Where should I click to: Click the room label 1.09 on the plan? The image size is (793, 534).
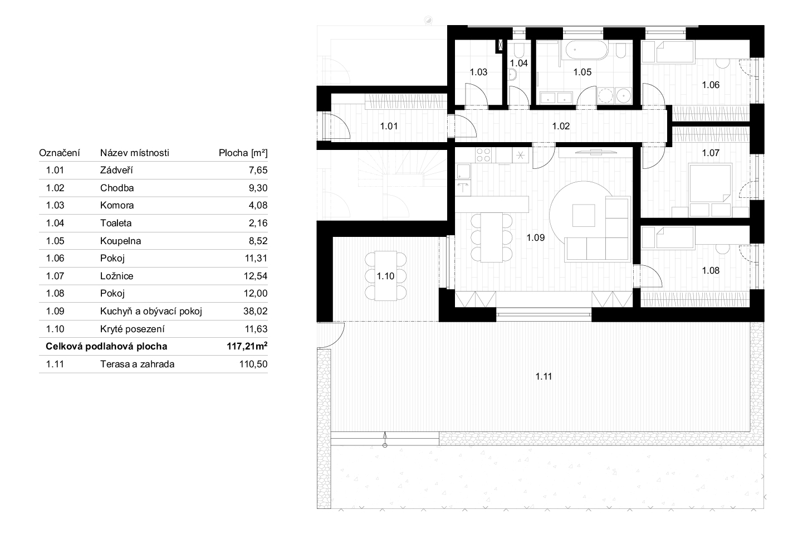(x=535, y=237)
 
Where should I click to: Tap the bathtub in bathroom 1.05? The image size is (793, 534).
(x=586, y=50)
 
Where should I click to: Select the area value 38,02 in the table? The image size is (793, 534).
(x=255, y=311)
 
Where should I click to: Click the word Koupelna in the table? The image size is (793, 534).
(x=120, y=241)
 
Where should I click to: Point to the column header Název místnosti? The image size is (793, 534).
(x=135, y=153)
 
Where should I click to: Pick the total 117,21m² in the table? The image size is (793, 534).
(x=247, y=346)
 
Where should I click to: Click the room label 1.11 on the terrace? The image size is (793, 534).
(x=544, y=376)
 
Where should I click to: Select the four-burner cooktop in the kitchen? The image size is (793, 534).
(x=483, y=155)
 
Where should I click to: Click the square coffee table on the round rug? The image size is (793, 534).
(x=584, y=216)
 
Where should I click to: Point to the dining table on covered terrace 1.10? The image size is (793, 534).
(x=385, y=276)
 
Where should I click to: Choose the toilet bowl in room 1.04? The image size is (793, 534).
(x=519, y=50)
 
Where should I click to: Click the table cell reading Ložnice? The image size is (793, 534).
(x=117, y=276)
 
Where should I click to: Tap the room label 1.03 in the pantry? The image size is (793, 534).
(x=478, y=72)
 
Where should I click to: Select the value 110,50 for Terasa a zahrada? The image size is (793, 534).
(x=253, y=364)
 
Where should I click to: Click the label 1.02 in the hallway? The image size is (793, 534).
(x=561, y=126)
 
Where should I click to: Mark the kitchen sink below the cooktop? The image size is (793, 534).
(x=463, y=172)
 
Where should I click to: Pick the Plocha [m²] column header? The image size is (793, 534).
(x=243, y=153)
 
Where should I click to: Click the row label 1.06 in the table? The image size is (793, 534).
(x=55, y=258)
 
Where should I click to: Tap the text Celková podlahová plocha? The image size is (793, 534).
(x=106, y=346)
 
